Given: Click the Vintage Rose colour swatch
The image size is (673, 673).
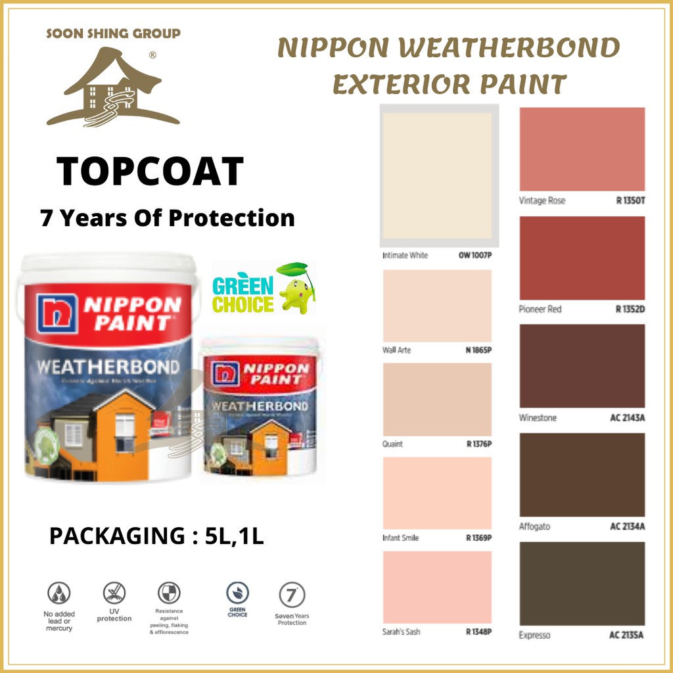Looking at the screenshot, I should click(x=582, y=149).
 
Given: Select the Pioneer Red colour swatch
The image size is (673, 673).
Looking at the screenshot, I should click(x=582, y=258).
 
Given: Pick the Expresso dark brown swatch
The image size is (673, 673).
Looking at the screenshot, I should click(x=582, y=584).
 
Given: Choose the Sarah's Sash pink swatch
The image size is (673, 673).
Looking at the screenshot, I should click(x=438, y=587).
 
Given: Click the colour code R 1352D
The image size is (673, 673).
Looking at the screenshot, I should click(x=630, y=309).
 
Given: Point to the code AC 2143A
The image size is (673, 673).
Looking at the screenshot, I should click(x=627, y=418).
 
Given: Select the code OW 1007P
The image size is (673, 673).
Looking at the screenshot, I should click(x=475, y=255).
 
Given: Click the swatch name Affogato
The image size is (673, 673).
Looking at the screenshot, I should click(x=534, y=526).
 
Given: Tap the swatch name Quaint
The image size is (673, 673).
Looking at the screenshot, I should click(x=393, y=444).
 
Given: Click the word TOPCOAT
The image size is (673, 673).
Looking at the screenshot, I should click(x=150, y=172).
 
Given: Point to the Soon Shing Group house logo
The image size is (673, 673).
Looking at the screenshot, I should click(x=113, y=87).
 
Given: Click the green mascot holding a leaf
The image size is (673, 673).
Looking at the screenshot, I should click(x=294, y=289).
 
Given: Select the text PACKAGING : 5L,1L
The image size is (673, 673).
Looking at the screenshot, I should click(x=156, y=536).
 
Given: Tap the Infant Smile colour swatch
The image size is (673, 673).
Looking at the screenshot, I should click(x=438, y=493).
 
